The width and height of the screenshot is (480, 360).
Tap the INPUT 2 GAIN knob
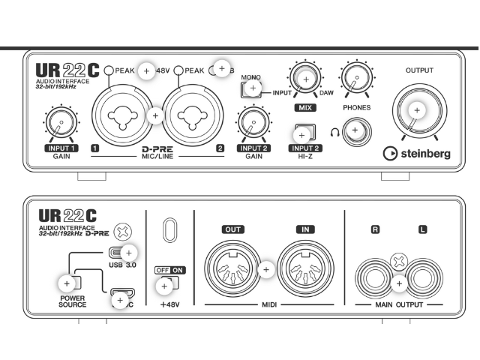click(253, 121)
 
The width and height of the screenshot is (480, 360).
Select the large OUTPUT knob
click(417, 110)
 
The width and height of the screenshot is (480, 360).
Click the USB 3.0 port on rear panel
click(121, 253)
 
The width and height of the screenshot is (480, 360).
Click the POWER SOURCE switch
click(67, 283)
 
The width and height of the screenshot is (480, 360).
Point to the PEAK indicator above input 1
click(109, 70)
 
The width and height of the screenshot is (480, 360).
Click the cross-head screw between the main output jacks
click(398, 262)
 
